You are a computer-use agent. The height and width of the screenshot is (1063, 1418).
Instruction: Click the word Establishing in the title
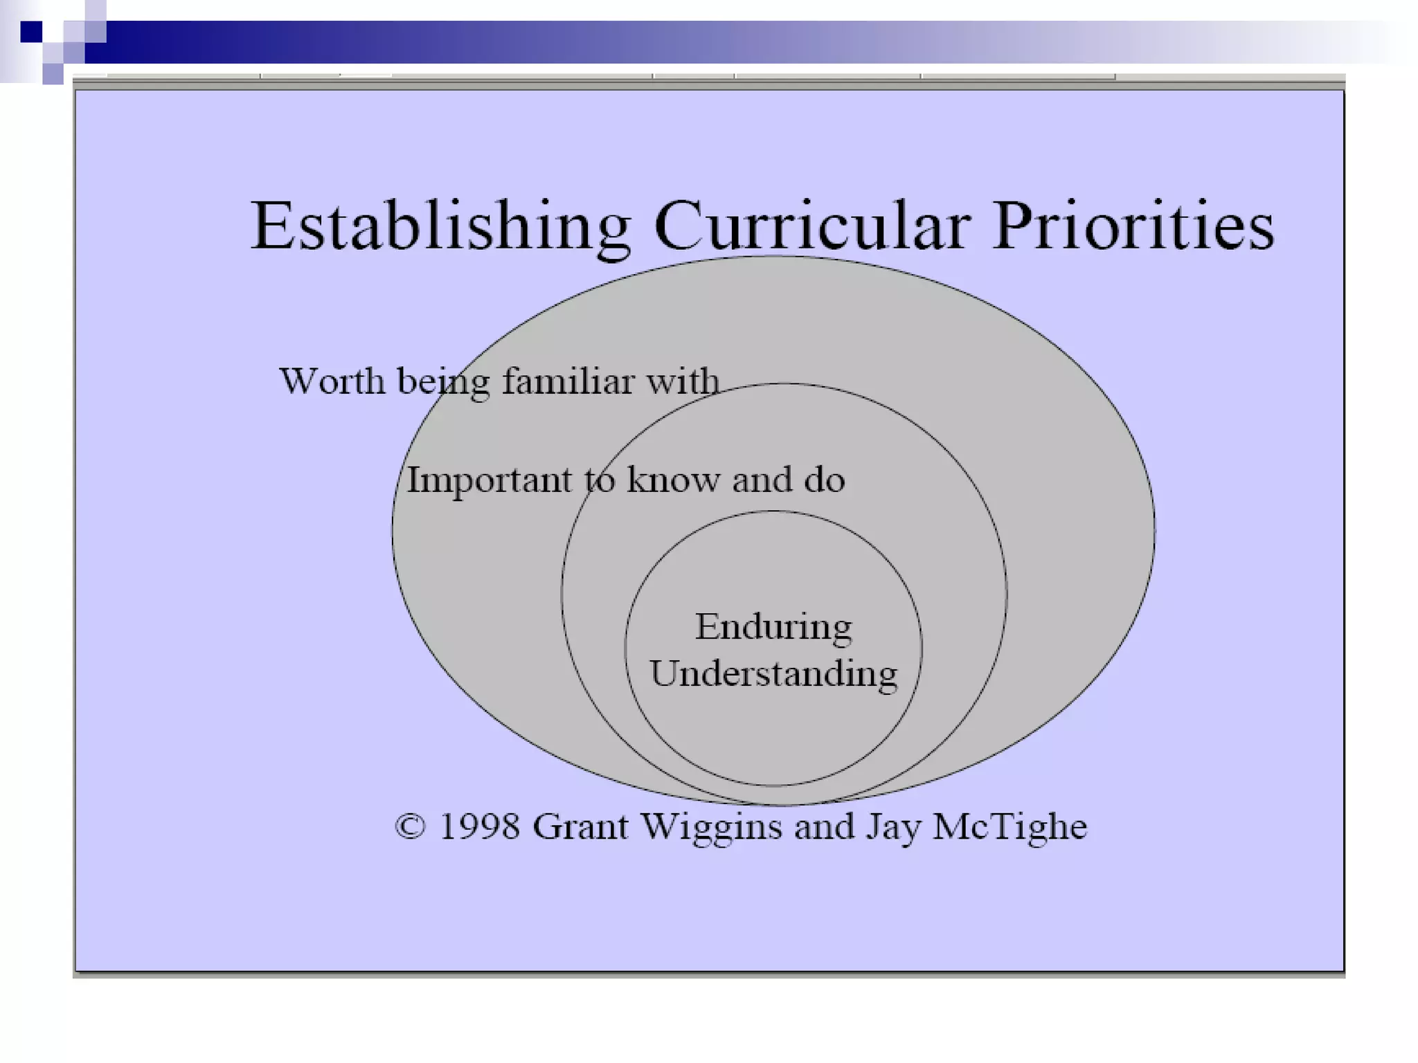click(440, 227)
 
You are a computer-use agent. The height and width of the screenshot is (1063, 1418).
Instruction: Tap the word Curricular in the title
click(811, 227)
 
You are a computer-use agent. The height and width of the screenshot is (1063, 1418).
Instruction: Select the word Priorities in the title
click(1133, 227)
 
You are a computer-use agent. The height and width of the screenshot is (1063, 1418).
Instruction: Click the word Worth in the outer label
click(332, 381)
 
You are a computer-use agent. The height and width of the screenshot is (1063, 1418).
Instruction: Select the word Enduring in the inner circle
click(773, 627)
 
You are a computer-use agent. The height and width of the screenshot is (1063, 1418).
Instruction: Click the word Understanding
click(773, 674)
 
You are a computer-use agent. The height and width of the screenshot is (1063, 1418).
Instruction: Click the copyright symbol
click(410, 827)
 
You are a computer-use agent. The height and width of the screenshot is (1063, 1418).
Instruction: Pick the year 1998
click(479, 827)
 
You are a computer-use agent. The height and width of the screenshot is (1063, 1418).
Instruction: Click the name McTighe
click(1009, 827)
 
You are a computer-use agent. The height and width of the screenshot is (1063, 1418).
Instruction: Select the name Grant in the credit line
click(580, 827)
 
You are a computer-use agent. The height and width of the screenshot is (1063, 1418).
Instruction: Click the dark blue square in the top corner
click(31, 32)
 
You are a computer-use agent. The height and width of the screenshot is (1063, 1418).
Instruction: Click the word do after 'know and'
click(824, 480)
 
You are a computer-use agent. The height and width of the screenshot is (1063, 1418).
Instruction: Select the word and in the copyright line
click(824, 827)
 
